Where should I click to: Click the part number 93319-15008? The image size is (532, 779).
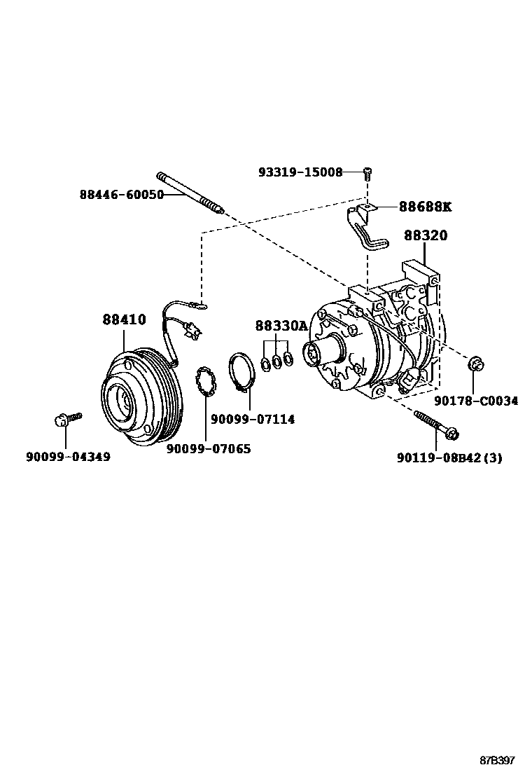[x=300, y=172]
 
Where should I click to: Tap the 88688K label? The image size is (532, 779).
[x=426, y=207]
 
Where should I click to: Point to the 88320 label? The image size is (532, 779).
[x=425, y=236]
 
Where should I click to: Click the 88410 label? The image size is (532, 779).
[x=124, y=319]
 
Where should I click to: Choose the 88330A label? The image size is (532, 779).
[x=281, y=326]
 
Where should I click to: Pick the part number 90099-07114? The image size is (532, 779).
[x=253, y=419]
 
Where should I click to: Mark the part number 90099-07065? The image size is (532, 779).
[x=208, y=448]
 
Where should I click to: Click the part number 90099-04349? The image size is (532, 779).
[x=68, y=457]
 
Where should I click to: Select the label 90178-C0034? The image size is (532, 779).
[x=475, y=401]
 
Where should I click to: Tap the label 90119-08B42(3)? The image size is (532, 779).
[x=449, y=457]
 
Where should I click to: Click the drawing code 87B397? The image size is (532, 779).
[x=497, y=761]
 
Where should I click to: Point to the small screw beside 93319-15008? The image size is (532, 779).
[x=366, y=173]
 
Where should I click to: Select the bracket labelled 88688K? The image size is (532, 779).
[x=367, y=228]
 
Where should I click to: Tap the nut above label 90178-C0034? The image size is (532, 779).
[x=475, y=364]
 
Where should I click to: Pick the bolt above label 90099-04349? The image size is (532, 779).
[x=65, y=420]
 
